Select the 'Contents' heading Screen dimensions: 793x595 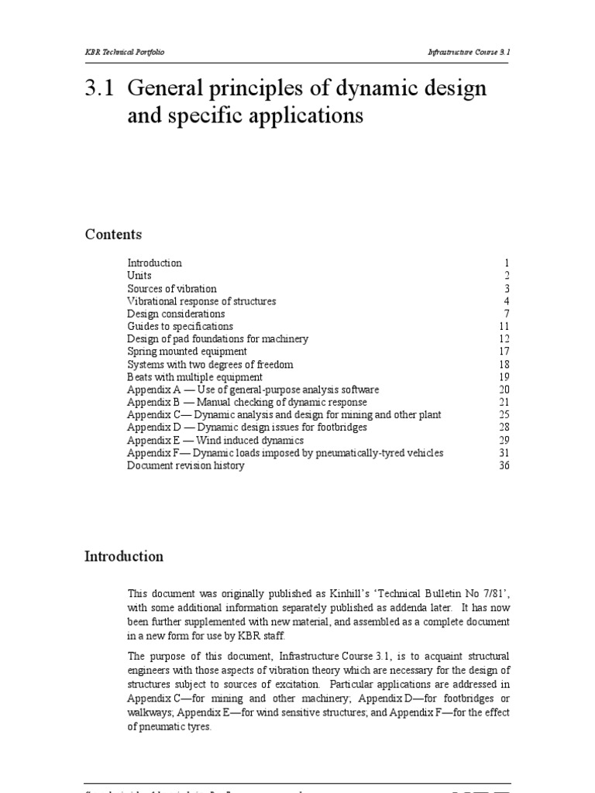click(113, 235)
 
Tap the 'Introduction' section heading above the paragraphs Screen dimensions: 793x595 click(124, 556)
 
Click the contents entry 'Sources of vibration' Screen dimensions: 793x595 click(172, 288)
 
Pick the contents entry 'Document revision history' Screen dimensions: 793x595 click(185, 465)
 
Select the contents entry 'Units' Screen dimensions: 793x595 click(139, 276)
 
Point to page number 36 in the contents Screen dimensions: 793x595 click(505, 465)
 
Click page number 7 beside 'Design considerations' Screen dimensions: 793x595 click(507, 314)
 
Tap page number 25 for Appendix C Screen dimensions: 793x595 click(505, 415)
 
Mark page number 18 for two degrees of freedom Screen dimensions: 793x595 click(505, 364)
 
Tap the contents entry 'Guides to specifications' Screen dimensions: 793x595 click(180, 326)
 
